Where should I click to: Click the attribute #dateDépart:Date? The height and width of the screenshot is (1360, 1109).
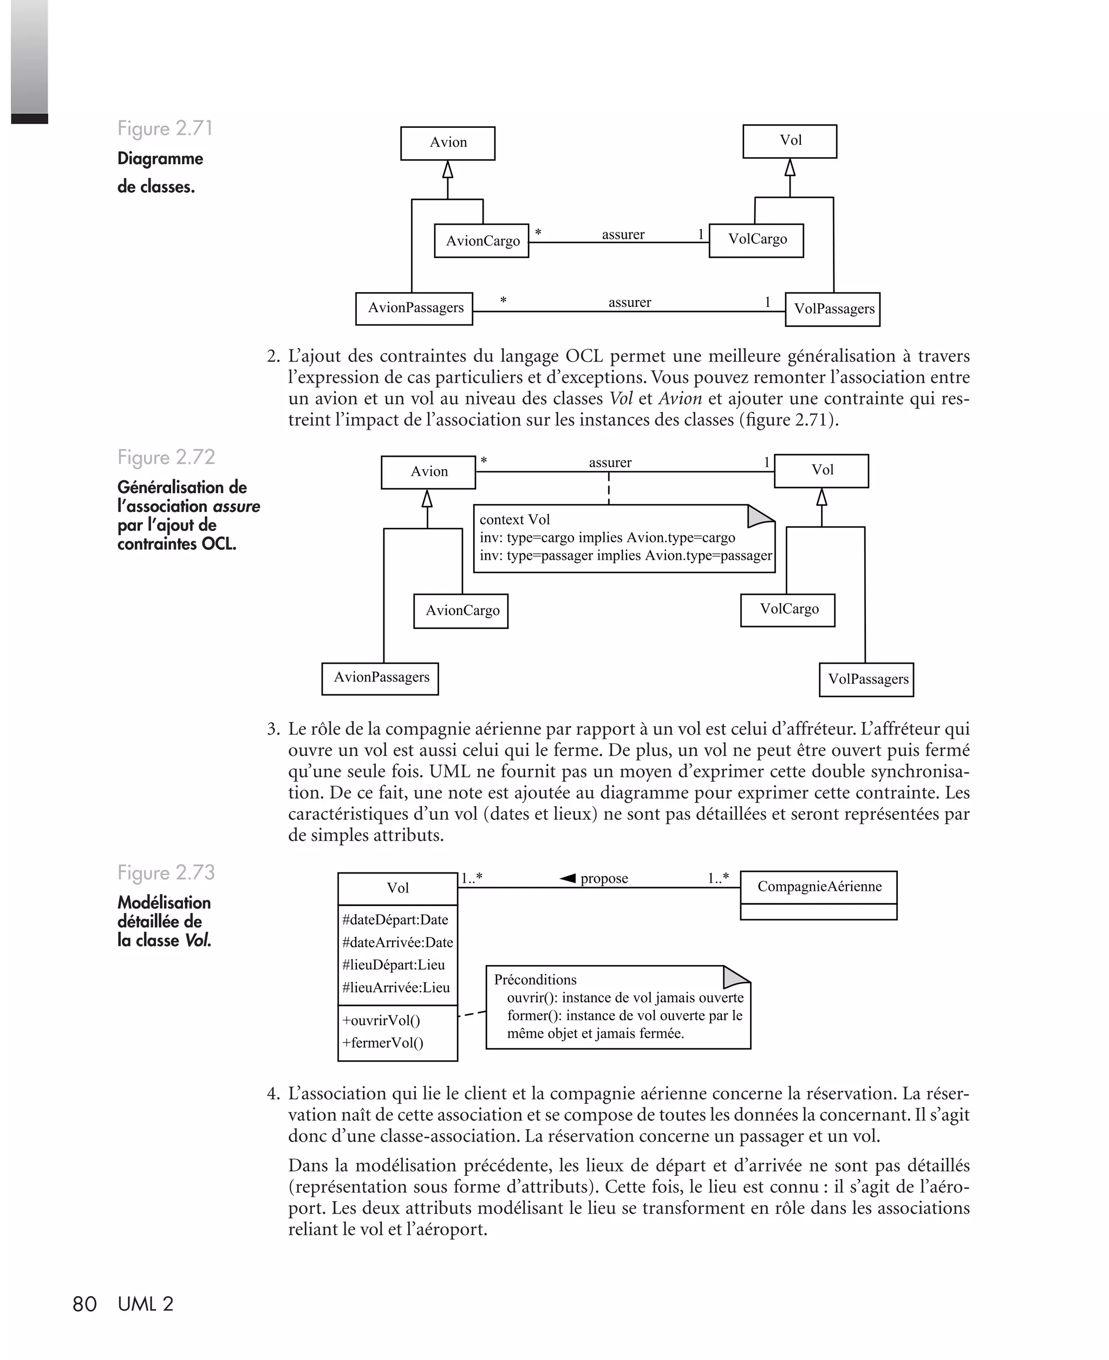(x=395, y=919)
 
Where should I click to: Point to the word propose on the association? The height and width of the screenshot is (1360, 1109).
(x=604, y=878)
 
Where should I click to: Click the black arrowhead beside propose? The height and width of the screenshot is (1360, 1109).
(x=568, y=878)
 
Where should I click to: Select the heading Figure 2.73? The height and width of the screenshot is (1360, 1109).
(x=166, y=872)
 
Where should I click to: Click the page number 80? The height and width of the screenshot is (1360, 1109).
(x=84, y=1304)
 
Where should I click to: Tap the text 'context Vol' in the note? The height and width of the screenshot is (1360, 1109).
(x=514, y=520)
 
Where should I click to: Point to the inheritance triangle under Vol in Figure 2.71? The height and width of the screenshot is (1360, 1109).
(x=790, y=167)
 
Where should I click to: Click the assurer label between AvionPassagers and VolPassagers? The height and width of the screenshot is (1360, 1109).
(x=629, y=302)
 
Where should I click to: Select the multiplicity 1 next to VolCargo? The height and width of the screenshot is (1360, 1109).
(x=701, y=234)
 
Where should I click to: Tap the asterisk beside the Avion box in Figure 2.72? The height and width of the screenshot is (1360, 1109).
(x=484, y=461)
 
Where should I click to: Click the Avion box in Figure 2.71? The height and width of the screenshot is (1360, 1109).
(x=447, y=143)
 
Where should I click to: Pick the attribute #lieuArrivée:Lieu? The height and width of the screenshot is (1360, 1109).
(x=395, y=987)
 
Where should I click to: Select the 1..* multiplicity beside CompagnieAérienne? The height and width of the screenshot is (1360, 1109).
(x=718, y=878)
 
